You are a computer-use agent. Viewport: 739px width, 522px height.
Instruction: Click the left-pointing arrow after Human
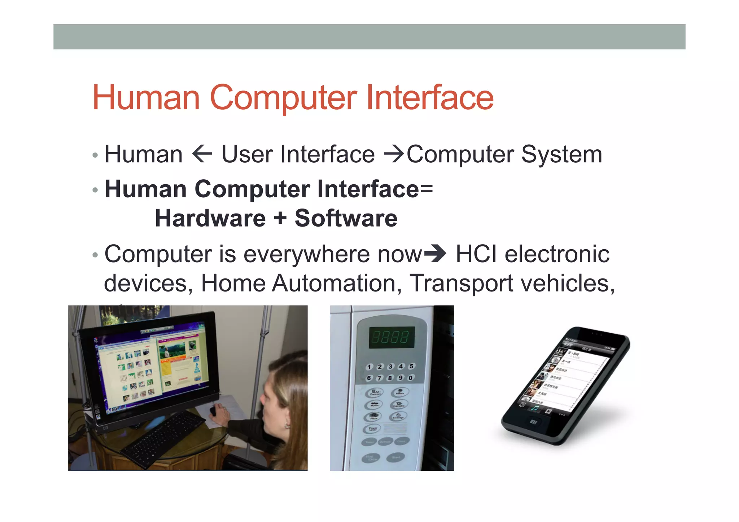click(202, 154)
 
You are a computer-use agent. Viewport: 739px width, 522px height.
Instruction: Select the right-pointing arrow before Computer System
click(394, 154)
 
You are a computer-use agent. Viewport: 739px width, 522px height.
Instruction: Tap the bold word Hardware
click(210, 219)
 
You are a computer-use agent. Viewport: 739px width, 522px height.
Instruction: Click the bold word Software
click(346, 219)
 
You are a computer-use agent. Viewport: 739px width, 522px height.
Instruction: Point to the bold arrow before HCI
click(435, 254)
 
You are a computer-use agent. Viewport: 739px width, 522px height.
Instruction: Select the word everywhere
click(307, 254)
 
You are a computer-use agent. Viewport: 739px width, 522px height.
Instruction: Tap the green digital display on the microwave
click(392, 337)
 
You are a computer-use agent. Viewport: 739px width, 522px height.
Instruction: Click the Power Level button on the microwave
click(373, 429)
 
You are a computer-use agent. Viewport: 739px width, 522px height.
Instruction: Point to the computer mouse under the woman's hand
click(213, 411)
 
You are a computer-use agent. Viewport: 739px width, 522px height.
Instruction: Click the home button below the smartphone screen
click(533, 422)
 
